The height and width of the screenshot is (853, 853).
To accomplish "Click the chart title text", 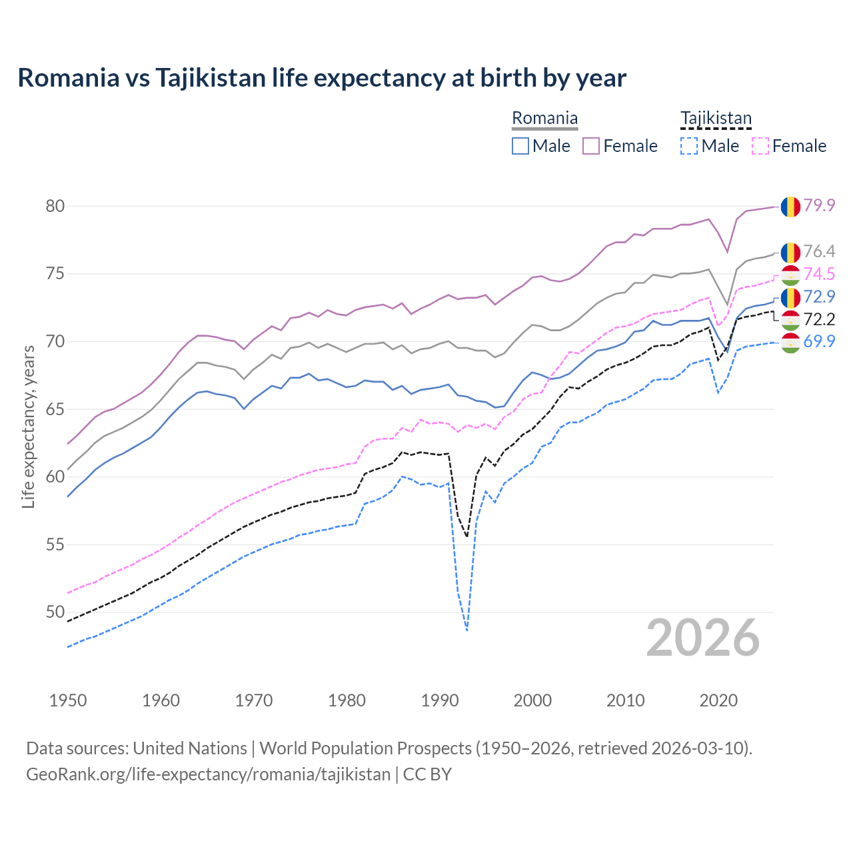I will tap(322, 78).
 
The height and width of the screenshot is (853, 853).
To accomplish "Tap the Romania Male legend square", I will tap(520, 146).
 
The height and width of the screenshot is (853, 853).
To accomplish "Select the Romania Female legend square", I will tap(591, 146).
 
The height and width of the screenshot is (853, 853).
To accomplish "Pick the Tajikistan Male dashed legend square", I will tap(689, 146).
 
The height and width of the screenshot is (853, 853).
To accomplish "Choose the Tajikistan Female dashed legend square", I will tap(760, 146).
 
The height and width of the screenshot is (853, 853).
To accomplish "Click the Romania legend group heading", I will tap(544, 119).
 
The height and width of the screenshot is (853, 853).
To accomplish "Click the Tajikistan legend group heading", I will tap(716, 119).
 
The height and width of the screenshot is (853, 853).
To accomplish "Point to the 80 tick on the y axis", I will tap(55, 206).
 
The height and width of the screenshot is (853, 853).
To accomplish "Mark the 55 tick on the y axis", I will tap(55, 544).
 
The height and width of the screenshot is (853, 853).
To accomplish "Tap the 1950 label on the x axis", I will tap(68, 700).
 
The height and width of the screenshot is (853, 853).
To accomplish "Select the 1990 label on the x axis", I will tap(440, 700).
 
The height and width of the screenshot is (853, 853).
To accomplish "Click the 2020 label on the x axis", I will tap(718, 700).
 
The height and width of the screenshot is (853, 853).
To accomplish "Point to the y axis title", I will tap(28, 426).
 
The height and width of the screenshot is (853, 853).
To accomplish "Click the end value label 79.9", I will tap(819, 205).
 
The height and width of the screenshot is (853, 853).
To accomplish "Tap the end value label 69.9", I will tap(819, 342).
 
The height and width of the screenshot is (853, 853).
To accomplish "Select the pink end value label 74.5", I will tap(819, 274).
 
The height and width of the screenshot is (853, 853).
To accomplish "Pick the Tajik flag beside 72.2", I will tap(790, 320).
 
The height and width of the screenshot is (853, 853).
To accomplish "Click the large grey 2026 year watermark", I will tap(703, 638).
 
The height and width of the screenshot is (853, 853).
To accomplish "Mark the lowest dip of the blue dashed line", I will tap(467, 630).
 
